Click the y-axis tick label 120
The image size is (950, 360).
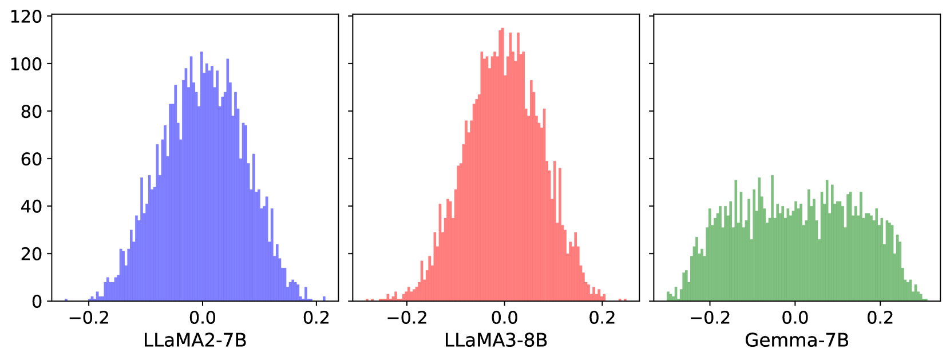(x=26, y=17)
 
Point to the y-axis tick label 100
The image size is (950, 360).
(x=26, y=64)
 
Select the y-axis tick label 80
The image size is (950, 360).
(x=31, y=112)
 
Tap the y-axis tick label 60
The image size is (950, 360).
(x=31, y=159)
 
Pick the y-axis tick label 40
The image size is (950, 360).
(x=31, y=207)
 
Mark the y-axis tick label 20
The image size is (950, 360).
(x=31, y=254)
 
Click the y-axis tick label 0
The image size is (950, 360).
(x=37, y=302)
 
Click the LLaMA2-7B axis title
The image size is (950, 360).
(x=195, y=341)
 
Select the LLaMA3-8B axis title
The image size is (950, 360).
(x=496, y=341)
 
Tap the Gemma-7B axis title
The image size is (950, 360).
(x=797, y=341)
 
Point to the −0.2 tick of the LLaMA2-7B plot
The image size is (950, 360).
(x=89, y=318)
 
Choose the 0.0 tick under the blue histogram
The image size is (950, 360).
(x=202, y=318)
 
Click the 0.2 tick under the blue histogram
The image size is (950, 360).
(x=316, y=318)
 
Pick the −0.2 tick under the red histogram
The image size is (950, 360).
(x=407, y=318)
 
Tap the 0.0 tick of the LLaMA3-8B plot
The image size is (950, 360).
(x=504, y=318)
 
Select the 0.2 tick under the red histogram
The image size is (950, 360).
(x=602, y=318)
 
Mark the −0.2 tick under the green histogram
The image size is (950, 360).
(x=710, y=318)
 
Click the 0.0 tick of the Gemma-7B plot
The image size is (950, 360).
(x=795, y=318)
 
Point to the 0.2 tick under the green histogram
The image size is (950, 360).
(x=880, y=318)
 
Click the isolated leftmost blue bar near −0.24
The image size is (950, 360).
(x=66, y=300)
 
